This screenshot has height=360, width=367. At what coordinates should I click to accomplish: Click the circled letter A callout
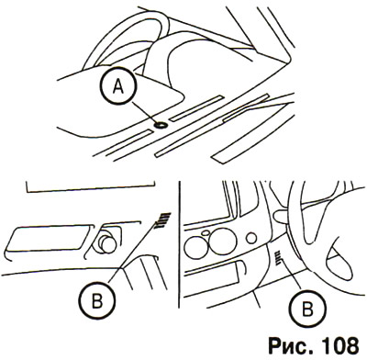pos(117,87)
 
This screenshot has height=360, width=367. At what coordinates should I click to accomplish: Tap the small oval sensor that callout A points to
pos(161,125)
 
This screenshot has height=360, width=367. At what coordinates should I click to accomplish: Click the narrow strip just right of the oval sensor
pos(196,108)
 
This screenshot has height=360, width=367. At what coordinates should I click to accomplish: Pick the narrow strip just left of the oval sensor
pos(124,143)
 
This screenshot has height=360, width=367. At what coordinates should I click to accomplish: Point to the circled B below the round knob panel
pos(97,302)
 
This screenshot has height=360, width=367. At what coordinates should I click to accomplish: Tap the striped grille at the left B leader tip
pos(162,220)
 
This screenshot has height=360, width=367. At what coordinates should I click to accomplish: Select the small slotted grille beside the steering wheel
pos(278,258)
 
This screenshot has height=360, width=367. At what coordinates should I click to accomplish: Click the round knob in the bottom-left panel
pos(107,244)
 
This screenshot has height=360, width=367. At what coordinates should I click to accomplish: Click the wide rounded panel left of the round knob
pos(48,240)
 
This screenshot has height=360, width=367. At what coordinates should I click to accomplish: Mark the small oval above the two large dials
pos(206,233)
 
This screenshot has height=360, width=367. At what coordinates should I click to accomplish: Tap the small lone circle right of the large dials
pos(251,238)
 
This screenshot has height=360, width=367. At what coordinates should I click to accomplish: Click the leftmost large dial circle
pos(195,246)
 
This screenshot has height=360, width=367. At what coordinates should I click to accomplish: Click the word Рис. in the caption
pos(289,346)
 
